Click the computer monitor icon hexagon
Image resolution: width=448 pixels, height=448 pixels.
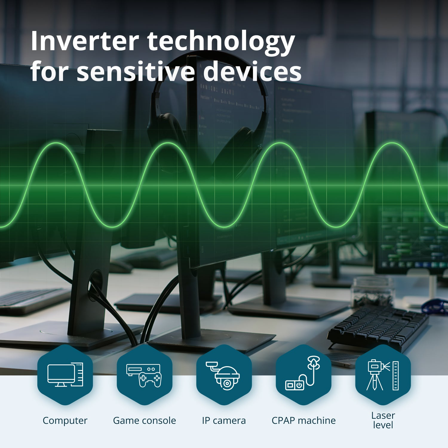65,375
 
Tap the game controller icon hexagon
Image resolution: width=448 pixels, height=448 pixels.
145,375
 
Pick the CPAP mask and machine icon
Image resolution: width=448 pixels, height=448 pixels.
303,375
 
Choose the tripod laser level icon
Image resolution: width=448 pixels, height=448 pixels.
383,375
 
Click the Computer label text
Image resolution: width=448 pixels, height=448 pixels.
65,421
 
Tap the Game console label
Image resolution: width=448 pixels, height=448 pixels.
145,421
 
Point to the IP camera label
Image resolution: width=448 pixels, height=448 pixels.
224,421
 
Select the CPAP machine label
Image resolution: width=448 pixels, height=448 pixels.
303,421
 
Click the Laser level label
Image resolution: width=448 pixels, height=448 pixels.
383,420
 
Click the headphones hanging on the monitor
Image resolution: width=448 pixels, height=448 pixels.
209,113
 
